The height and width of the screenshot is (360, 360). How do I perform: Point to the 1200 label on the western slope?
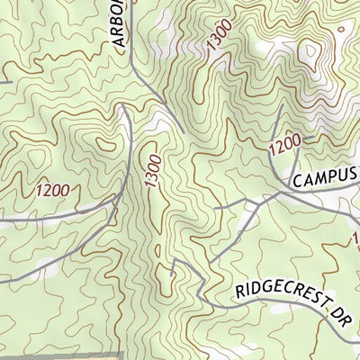coord(52,191)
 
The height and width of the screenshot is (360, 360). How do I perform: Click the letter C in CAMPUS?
coord(296,182)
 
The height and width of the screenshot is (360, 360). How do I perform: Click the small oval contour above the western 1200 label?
coord(106,144)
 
